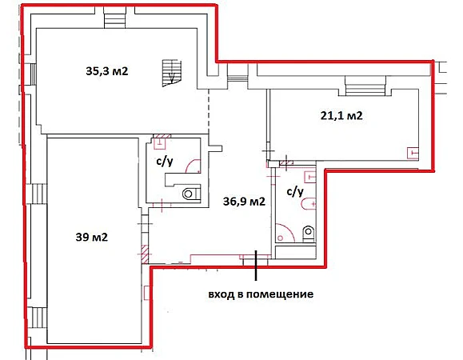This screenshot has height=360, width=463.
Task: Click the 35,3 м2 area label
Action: point(107,71)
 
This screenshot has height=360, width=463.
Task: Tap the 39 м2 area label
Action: point(91,237)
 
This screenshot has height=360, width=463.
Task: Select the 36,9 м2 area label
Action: point(244,202)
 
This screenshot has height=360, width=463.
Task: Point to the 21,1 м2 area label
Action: point(341,115)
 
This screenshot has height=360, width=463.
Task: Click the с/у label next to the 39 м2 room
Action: point(165,162)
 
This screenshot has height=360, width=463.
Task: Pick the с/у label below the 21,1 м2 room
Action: point(295,192)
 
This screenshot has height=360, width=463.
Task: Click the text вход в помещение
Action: point(261,294)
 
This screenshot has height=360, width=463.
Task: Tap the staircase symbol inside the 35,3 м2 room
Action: point(171,73)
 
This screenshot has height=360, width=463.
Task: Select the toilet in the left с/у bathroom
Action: point(191,194)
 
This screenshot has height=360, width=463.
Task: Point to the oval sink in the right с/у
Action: point(309,204)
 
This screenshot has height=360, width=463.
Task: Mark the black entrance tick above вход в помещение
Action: point(256,266)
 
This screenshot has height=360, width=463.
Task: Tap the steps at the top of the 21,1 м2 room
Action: point(365,86)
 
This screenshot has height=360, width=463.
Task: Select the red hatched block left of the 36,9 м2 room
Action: point(145,254)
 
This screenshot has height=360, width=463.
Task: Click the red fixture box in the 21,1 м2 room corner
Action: point(413,153)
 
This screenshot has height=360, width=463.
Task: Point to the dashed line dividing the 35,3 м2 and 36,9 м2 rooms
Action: point(209,112)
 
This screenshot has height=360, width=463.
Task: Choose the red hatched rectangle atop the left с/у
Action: point(162,136)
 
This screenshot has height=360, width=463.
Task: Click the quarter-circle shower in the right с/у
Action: point(285,233)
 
